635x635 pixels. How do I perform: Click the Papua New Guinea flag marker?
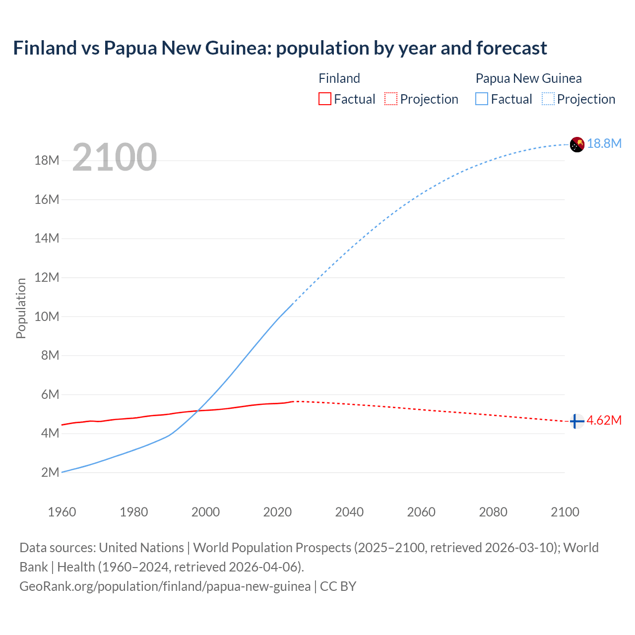point(577,144)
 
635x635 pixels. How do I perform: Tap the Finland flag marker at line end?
point(576,421)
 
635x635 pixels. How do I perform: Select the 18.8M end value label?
point(604,143)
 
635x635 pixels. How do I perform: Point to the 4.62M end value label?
point(604,420)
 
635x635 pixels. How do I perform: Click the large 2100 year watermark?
point(115,157)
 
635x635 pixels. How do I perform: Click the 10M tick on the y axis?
point(47,317)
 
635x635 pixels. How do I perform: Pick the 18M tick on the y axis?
point(47,160)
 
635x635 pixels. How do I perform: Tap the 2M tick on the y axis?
point(50,472)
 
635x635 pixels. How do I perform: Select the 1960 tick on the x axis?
point(62,512)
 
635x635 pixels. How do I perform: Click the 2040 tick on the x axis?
point(349,512)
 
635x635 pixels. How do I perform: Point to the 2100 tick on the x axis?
point(565,512)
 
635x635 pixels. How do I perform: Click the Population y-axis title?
point(21,308)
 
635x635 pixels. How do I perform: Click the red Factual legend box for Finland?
point(324,99)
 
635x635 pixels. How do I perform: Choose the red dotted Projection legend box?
point(391,99)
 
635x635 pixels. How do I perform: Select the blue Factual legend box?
point(482,99)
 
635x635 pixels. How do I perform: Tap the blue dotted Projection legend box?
point(548,99)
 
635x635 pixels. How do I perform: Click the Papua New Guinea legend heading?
point(528,78)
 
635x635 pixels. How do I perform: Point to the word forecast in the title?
point(511,48)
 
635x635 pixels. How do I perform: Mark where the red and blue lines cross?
point(197,410)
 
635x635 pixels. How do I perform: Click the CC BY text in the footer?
point(338,586)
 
